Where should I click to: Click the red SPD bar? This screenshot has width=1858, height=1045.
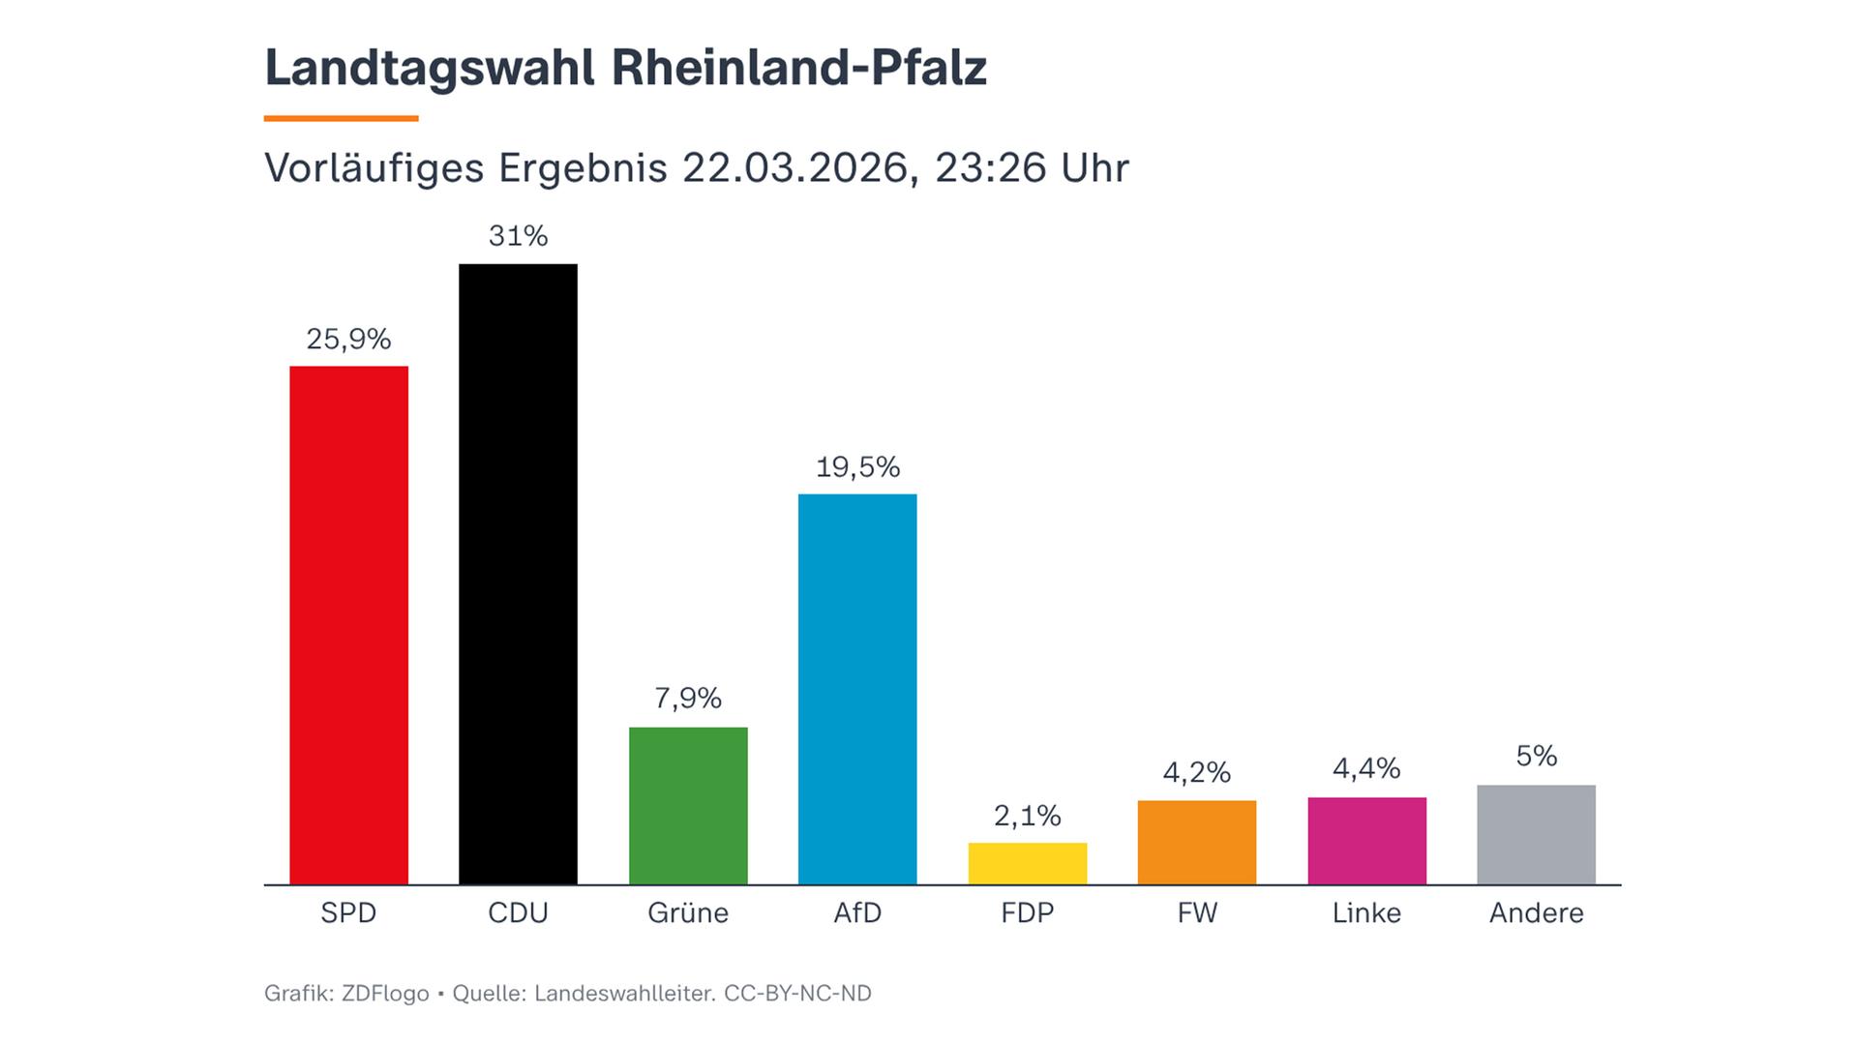(x=348, y=625)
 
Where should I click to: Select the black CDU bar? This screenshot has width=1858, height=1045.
(x=518, y=574)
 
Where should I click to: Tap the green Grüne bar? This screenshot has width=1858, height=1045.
(x=688, y=805)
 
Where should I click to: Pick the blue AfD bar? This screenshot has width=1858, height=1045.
(x=857, y=689)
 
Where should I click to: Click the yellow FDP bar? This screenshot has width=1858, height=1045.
(x=1027, y=863)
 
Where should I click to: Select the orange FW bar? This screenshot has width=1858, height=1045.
(x=1197, y=842)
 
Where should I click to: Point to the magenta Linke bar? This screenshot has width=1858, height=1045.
(x=1366, y=841)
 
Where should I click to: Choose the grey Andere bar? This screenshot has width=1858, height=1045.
(x=1536, y=834)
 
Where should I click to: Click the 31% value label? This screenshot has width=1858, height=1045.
(x=518, y=236)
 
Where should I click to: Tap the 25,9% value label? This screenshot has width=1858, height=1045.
(x=348, y=339)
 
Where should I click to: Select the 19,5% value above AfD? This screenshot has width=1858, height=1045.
(x=857, y=467)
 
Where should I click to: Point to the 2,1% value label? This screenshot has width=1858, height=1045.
(x=1027, y=816)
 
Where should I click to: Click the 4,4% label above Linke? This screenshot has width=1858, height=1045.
(x=1366, y=768)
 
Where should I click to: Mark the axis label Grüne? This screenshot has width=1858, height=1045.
(x=688, y=912)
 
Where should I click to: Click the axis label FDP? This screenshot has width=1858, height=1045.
(x=1027, y=912)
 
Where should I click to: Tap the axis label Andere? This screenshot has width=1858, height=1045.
(x=1536, y=912)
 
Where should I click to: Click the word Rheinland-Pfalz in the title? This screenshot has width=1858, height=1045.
(x=798, y=68)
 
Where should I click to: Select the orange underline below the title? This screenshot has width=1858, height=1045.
(x=341, y=118)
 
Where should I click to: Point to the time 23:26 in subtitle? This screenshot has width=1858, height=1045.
(x=990, y=168)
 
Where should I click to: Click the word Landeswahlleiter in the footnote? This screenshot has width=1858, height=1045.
(x=623, y=994)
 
